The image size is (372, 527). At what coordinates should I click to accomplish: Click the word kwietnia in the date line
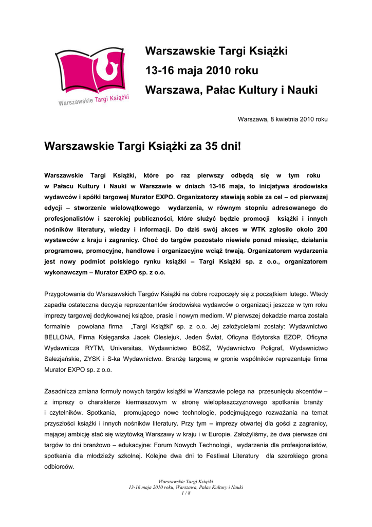(x=283, y=119)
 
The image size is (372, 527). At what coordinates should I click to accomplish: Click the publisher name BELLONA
(x=59, y=337)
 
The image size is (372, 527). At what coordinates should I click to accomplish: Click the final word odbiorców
(x=60, y=467)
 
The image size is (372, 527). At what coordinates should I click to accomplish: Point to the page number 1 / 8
(x=186, y=493)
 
